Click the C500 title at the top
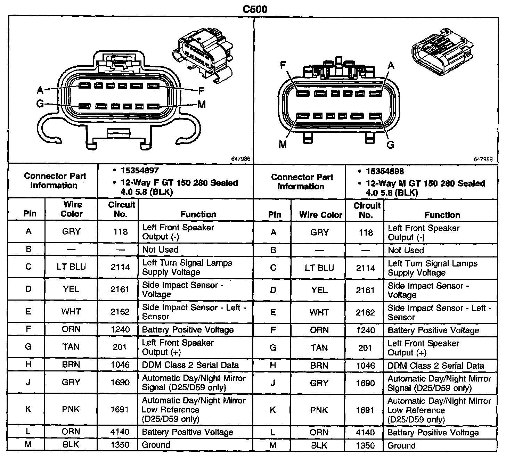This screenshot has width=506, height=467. [255, 9]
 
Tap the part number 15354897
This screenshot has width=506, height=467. [140, 171]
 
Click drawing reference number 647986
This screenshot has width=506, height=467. [240, 159]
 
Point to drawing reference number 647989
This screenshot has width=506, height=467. [483, 159]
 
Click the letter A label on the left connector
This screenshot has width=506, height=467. [40, 91]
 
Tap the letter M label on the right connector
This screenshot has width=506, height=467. [283, 144]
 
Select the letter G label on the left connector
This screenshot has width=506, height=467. [40, 104]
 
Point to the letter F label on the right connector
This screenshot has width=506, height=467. [284, 65]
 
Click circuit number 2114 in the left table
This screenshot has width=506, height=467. [120, 267]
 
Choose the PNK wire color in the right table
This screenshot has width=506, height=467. [319, 410]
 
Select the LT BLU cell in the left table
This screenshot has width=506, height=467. [71, 267]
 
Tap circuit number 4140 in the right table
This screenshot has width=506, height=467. [365, 433]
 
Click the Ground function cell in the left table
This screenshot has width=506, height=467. [156, 445]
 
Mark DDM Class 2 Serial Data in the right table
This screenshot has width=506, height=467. [435, 366]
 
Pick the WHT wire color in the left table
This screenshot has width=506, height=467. [71, 312]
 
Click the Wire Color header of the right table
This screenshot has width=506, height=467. [320, 215]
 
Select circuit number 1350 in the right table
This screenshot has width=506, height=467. [365, 445]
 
